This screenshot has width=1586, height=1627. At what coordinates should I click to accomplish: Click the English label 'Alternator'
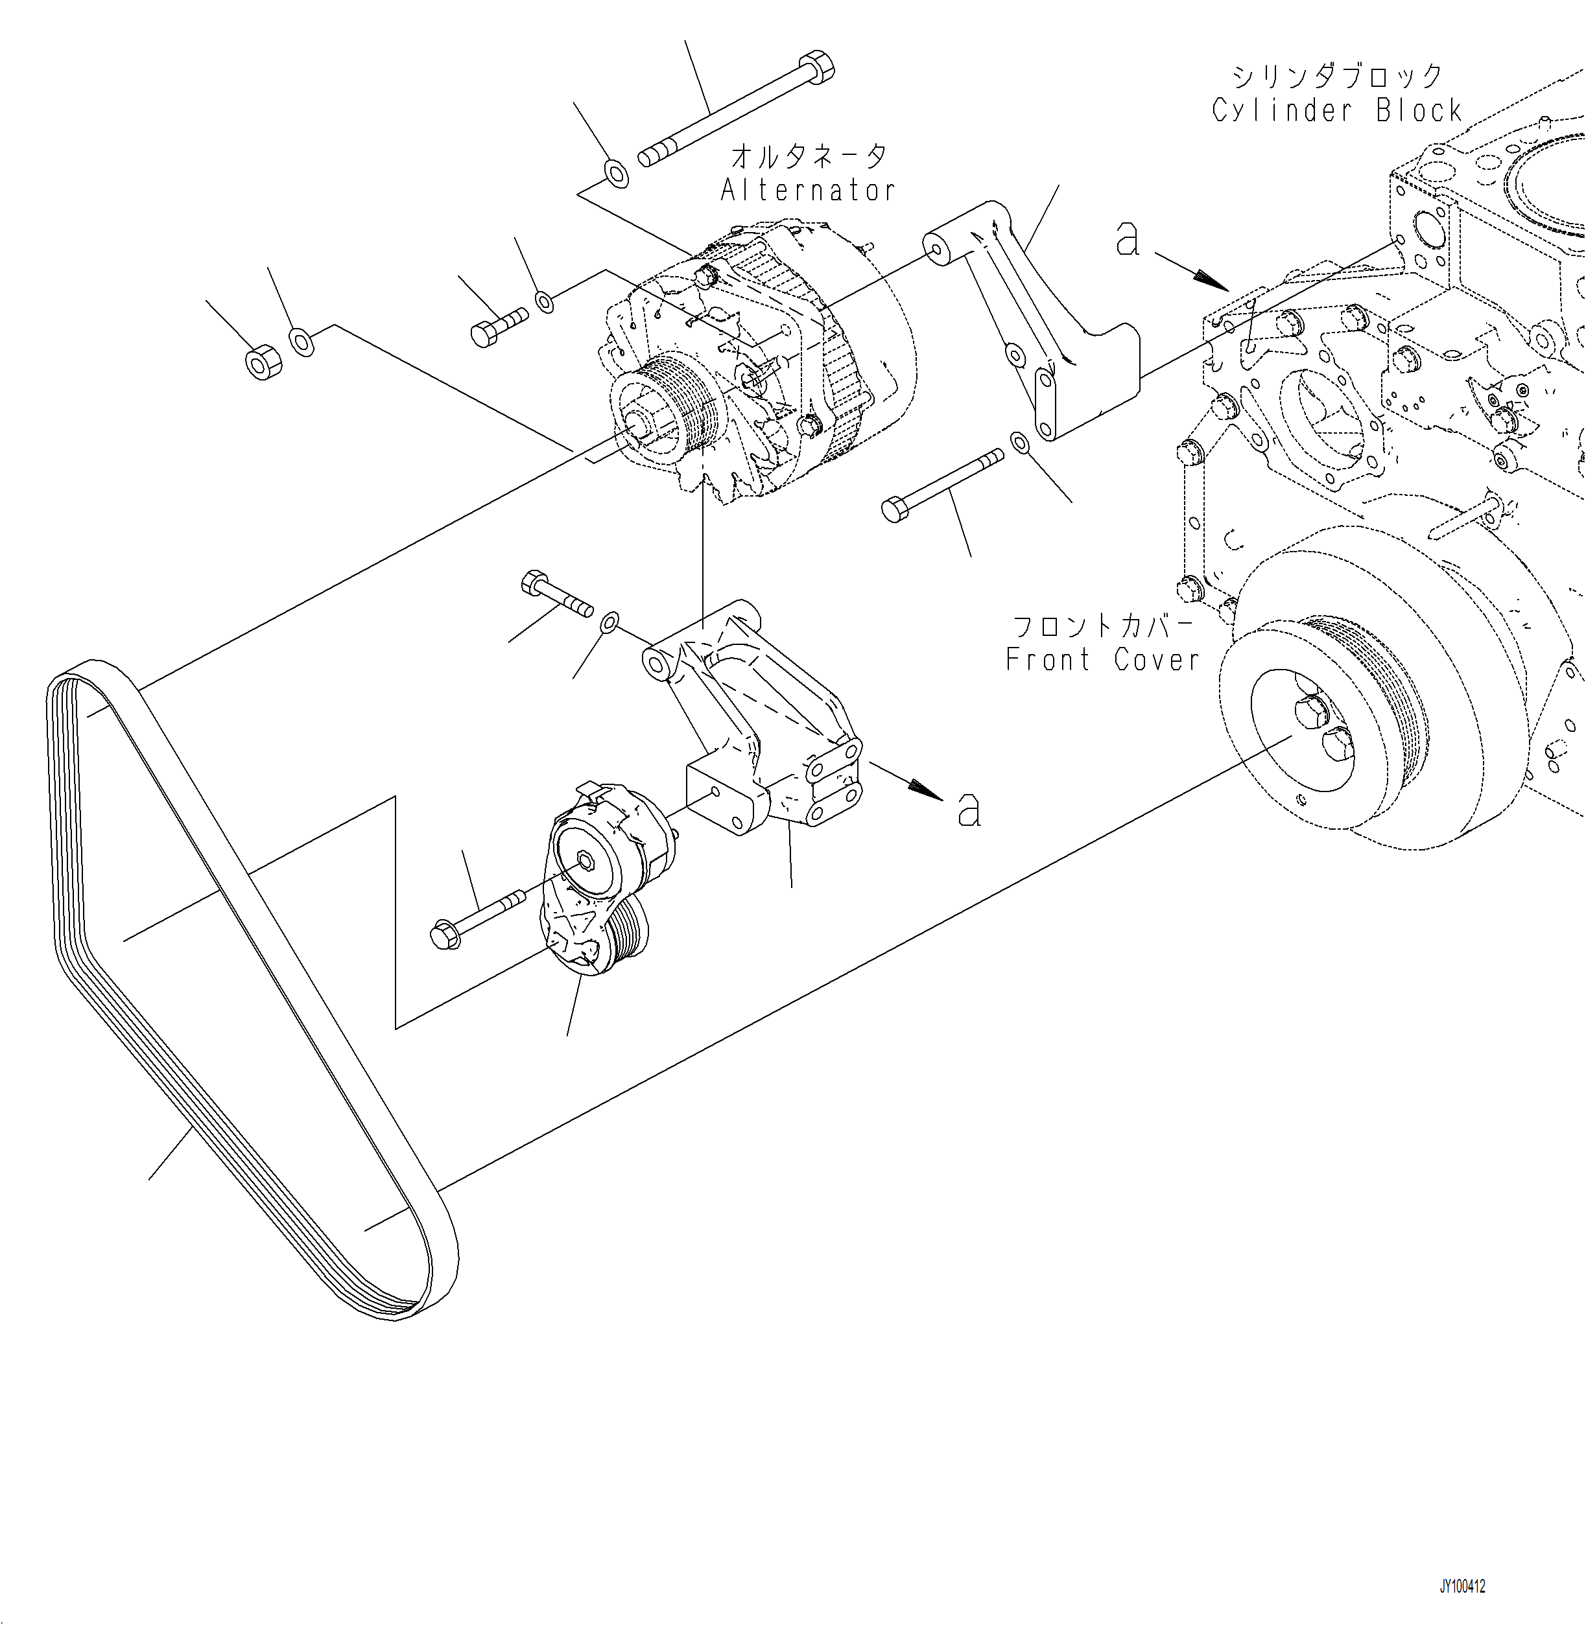808,191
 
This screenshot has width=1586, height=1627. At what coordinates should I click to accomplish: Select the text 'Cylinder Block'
1337,110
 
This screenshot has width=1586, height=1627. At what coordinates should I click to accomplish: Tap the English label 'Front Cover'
1103,659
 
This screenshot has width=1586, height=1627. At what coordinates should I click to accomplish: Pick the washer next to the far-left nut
302,342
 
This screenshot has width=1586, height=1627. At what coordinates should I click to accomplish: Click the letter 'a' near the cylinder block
1127,240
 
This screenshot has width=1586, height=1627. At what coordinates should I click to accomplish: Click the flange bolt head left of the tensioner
445,933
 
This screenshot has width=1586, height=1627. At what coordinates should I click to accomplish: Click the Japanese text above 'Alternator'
809,156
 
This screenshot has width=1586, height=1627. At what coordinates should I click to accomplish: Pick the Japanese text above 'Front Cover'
1103,626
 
